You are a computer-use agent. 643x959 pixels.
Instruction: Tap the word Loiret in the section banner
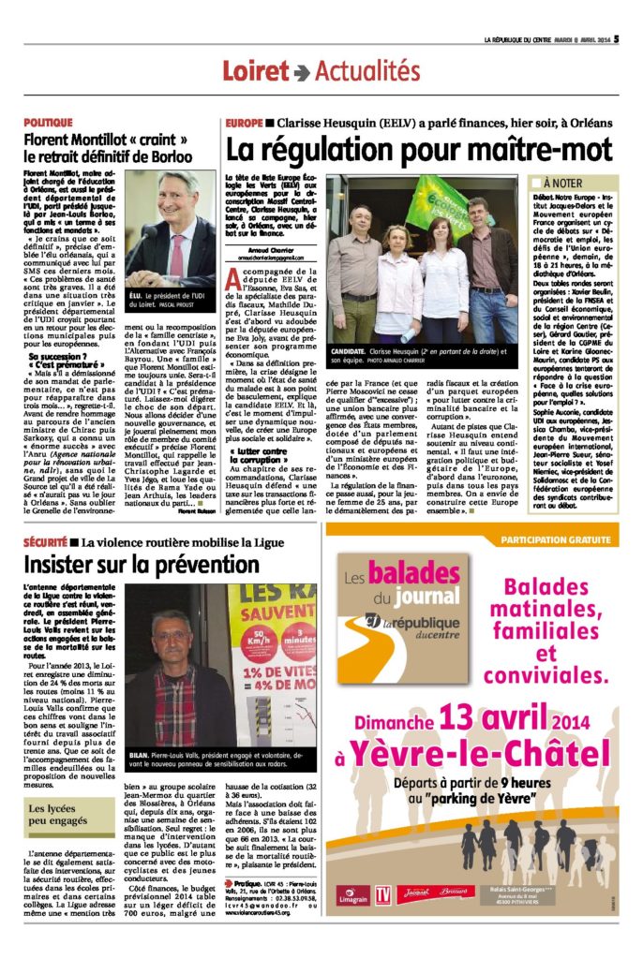[255, 71]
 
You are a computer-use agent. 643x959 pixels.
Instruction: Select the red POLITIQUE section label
[49, 123]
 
